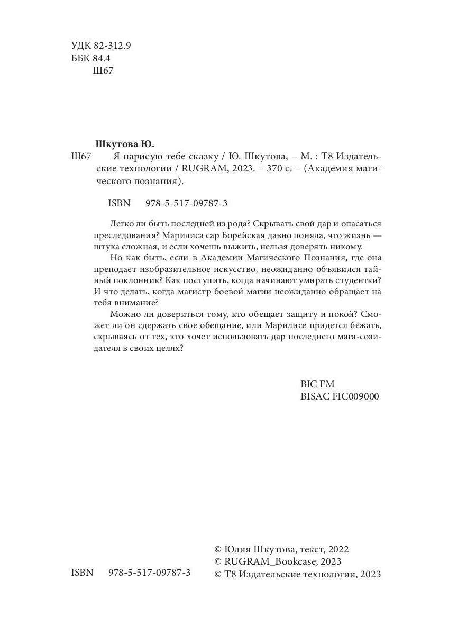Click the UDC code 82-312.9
point(112,46)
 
